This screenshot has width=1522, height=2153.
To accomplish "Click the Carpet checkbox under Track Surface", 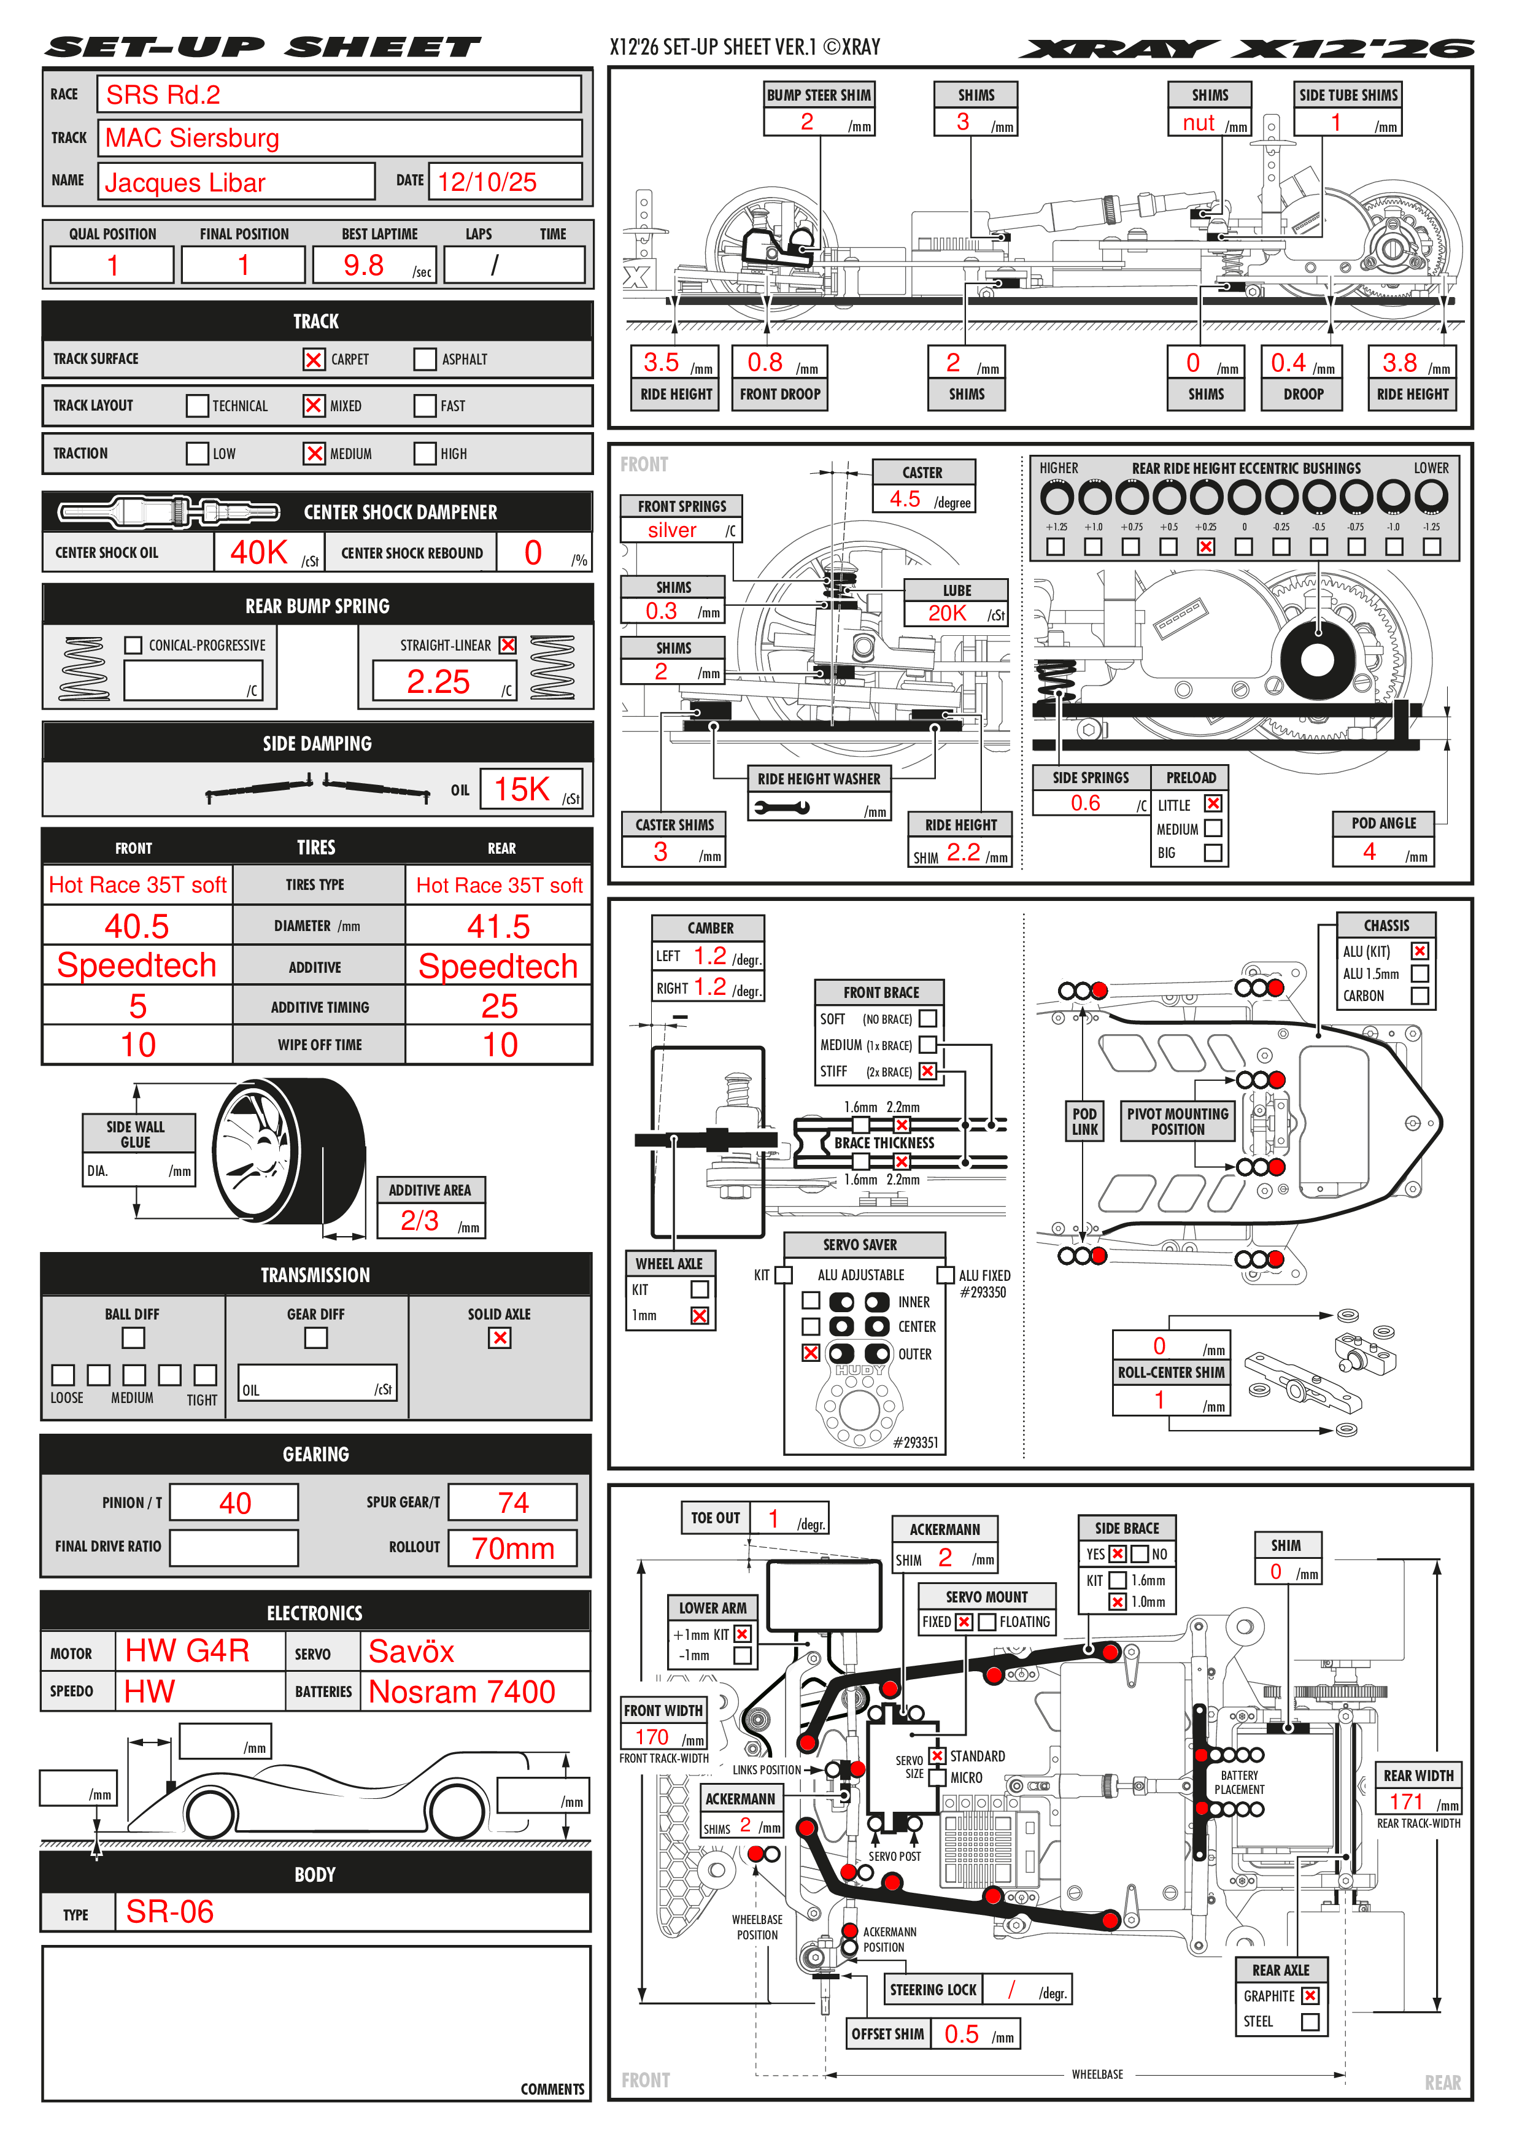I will [x=313, y=359].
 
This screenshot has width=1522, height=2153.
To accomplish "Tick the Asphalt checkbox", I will [x=425, y=359].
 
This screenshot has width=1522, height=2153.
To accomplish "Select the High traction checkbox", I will [x=425, y=454].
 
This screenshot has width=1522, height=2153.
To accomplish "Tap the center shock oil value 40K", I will [x=259, y=553].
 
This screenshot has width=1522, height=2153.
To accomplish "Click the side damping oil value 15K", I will [x=522, y=789].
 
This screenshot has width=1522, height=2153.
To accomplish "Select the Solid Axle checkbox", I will [x=500, y=1338].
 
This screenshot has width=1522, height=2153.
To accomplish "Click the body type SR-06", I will [x=170, y=1912].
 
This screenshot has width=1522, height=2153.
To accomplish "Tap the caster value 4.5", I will [x=905, y=499].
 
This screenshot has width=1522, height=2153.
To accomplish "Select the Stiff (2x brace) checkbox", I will [x=927, y=1071].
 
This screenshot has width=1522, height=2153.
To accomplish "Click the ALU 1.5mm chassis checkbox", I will [x=1420, y=973].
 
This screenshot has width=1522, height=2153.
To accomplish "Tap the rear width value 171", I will [x=1406, y=1801].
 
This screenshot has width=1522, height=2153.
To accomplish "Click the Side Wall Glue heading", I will [x=136, y=1134].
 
